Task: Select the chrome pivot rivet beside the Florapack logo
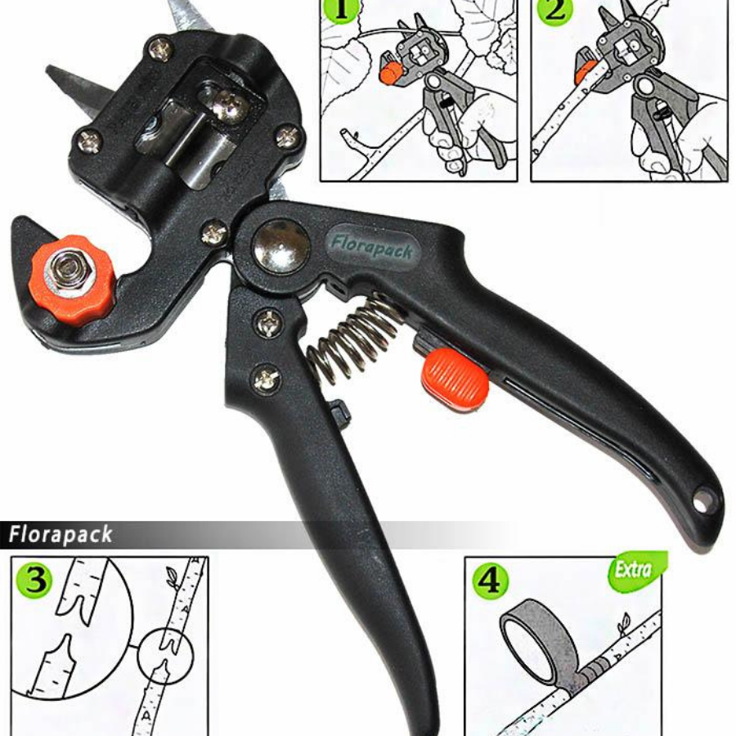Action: pos(281,246)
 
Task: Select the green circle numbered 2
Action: pos(555,11)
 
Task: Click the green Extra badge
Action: pos(636,570)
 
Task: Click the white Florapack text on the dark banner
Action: pos(61,535)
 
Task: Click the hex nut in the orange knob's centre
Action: pos(70,272)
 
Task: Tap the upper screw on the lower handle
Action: pos(267,323)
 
